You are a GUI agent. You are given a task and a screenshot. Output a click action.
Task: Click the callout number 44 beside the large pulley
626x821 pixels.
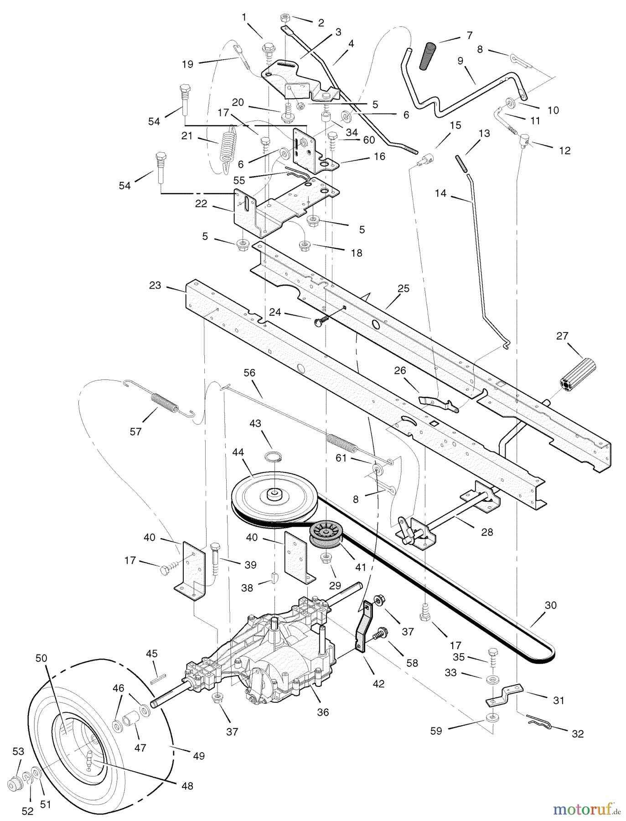coord(238,452)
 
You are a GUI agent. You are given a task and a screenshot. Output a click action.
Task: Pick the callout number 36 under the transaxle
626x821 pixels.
coord(323,712)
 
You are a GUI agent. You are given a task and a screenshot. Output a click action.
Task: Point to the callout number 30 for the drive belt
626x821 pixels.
coord(551,605)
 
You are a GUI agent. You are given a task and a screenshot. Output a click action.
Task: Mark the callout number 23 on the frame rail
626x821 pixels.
coord(155,285)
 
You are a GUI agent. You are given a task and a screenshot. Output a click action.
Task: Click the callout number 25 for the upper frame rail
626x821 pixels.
coord(404,288)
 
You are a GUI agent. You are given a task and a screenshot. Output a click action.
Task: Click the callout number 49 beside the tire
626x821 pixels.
coord(199,756)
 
